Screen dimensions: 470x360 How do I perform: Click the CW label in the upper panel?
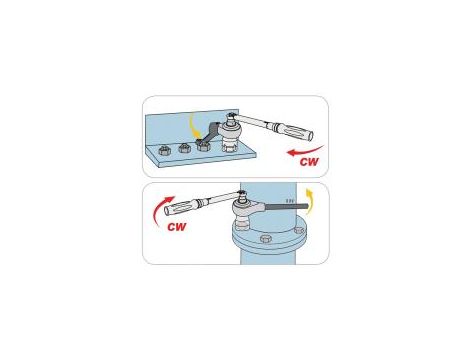pyautogui.click(x=309, y=162)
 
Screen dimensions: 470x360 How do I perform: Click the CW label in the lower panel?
pyautogui.click(x=177, y=227)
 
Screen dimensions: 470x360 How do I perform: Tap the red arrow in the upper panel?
pyautogui.click(x=304, y=151)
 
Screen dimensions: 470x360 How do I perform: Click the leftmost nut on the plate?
pyautogui.click(x=165, y=150)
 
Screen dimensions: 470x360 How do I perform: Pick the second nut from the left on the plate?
pyautogui.click(x=184, y=148)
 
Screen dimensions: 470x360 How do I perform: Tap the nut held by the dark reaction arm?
pyautogui.click(x=202, y=146)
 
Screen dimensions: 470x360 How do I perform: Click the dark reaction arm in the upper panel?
pyautogui.click(x=210, y=133)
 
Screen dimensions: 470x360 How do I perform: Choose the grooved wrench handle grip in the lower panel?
pyautogui.click(x=182, y=206)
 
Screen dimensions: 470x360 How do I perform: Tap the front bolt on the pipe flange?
pyautogui.click(x=265, y=239)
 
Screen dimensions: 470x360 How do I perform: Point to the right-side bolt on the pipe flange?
pyautogui.click(x=299, y=230)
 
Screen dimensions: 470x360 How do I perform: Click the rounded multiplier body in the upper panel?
pyautogui.click(x=232, y=132)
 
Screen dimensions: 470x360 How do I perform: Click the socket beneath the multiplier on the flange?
pyautogui.click(x=242, y=224)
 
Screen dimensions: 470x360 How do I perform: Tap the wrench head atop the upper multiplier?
pyautogui.click(x=232, y=117)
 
